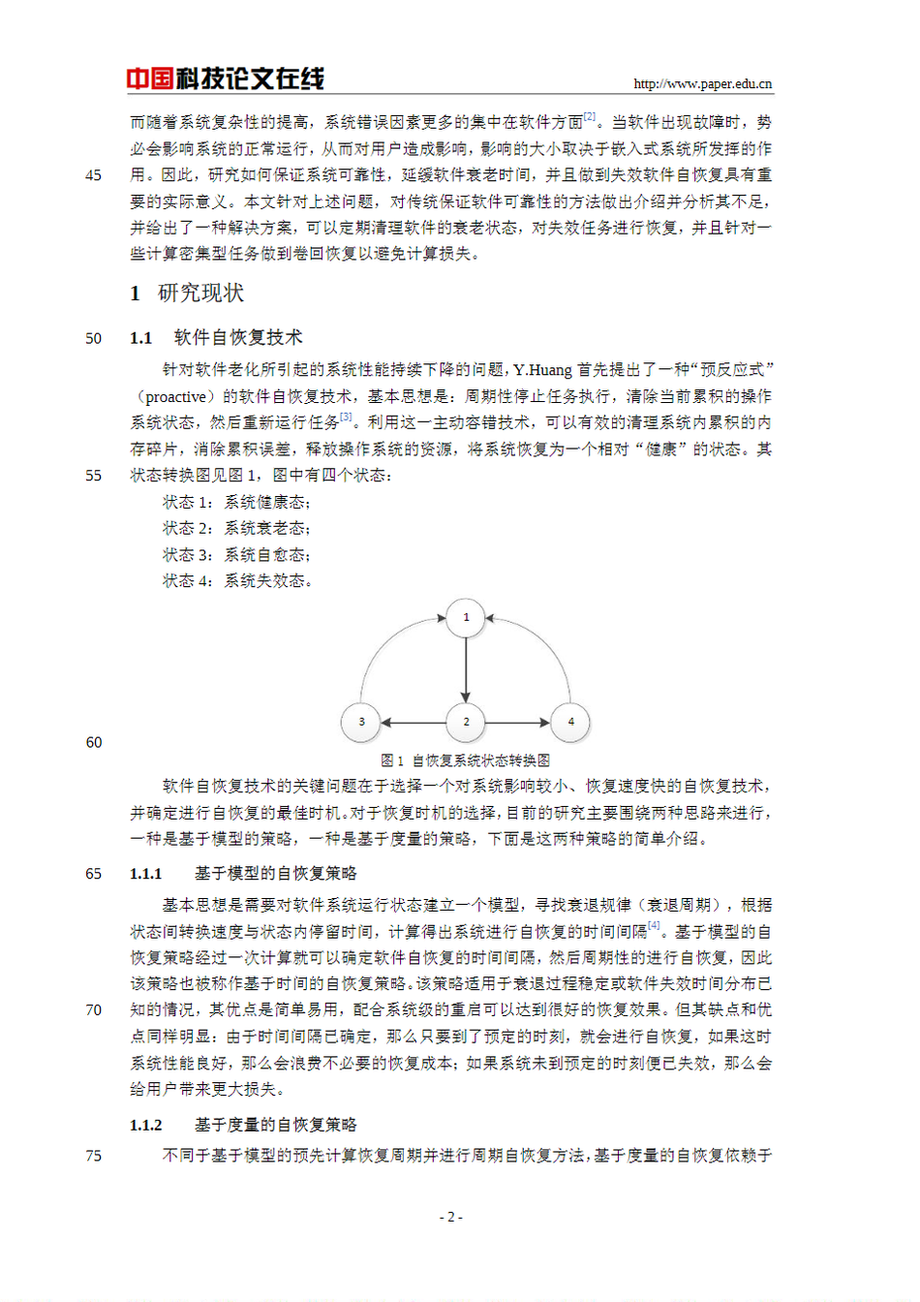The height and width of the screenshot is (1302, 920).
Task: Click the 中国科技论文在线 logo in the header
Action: [x=225, y=78]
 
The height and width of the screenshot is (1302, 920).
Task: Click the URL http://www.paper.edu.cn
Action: [x=702, y=84]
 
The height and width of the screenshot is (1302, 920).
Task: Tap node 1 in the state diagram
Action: [x=466, y=617]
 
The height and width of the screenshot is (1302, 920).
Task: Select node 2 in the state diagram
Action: [x=466, y=722]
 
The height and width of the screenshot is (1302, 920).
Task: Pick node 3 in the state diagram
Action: [x=361, y=722]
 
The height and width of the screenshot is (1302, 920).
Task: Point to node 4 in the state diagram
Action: [x=570, y=722]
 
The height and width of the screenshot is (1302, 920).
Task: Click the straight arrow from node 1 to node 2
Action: [x=466, y=669]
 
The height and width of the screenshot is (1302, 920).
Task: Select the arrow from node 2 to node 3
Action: [x=414, y=722]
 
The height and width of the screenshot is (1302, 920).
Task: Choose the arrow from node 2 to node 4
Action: [x=518, y=722]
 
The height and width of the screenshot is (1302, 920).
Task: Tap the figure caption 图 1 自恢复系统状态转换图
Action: [x=466, y=760]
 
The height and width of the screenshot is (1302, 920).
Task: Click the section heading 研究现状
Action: [x=200, y=294]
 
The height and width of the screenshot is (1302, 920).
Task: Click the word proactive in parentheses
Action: [x=175, y=397]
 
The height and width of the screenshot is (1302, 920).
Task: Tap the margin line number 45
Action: [x=93, y=175]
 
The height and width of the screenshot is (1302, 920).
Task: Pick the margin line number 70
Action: [x=93, y=1010]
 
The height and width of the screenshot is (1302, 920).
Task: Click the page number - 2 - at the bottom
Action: [x=451, y=1217]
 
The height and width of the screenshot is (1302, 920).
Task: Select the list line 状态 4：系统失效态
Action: [x=236, y=581]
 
